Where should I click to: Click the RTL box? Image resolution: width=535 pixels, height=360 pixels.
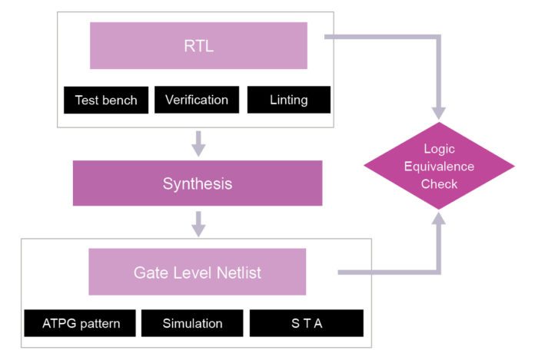[x=198, y=45]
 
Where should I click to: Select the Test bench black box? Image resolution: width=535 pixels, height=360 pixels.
[x=106, y=100]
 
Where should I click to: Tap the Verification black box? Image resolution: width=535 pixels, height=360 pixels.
[x=197, y=100]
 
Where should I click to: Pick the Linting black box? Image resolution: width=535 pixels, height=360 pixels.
[x=288, y=100]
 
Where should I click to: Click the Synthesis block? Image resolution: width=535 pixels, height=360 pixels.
[x=197, y=183]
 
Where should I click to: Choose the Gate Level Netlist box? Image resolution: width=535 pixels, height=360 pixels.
[x=197, y=272]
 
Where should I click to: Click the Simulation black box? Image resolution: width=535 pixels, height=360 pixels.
[x=192, y=323]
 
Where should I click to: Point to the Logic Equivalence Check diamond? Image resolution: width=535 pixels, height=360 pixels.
[x=439, y=166]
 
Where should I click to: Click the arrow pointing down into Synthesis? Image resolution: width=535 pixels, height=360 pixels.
[x=198, y=143]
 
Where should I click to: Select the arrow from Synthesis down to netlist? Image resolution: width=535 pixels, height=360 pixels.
[x=198, y=223]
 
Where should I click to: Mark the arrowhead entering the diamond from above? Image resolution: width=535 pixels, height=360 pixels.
[x=439, y=112]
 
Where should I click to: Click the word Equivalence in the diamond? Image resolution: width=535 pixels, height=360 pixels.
[x=439, y=166]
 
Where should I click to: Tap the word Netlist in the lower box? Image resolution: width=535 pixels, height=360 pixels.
[x=238, y=272]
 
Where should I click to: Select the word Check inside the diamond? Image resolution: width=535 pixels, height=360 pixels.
[x=439, y=183]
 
